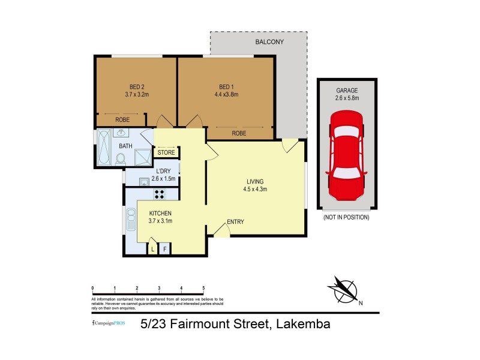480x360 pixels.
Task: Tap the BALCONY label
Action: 269,41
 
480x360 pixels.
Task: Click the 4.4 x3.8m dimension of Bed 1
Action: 226,94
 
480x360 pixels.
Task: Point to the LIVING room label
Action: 255,181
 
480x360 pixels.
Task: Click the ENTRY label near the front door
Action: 235,222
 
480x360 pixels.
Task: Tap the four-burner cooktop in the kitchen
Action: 160,194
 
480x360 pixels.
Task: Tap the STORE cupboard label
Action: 166,152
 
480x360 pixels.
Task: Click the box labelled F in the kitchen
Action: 165,248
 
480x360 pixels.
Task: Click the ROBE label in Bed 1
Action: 239,133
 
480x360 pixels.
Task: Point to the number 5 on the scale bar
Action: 204,288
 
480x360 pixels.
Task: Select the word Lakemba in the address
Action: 302,325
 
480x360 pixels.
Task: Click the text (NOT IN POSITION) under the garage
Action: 346,217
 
